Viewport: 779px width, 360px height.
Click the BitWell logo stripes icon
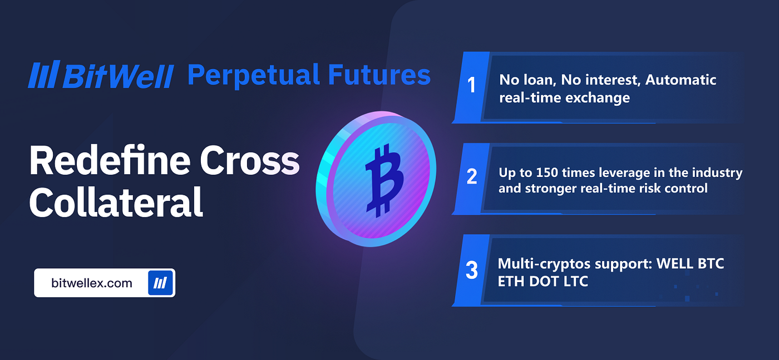point(43,75)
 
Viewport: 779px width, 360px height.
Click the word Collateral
point(116,203)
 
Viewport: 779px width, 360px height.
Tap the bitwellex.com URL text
point(92,283)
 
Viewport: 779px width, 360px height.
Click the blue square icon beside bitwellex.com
point(161,283)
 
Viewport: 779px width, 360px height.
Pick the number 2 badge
point(472,177)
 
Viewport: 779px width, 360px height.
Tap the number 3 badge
point(472,270)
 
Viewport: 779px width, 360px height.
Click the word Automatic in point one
point(681,80)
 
